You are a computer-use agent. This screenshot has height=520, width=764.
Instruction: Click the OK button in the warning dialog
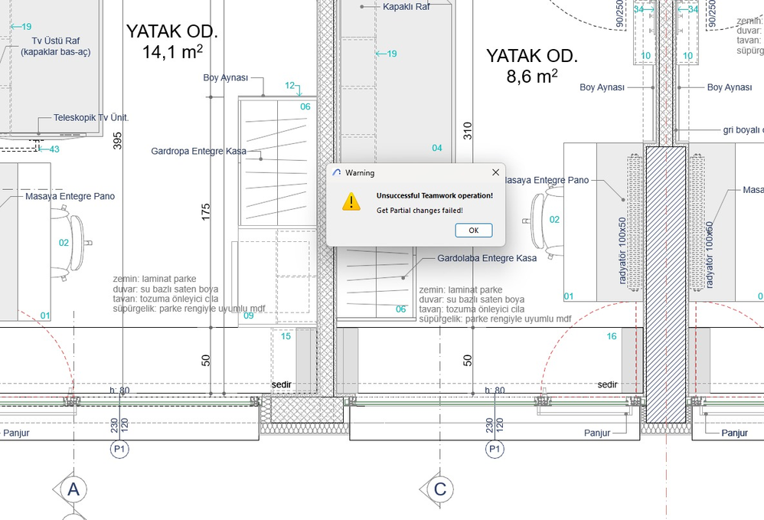[x=473, y=230]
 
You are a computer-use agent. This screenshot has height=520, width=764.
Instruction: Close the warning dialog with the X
[x=495, y=172]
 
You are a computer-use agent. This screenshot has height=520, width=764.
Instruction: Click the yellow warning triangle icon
[x=351, y=201]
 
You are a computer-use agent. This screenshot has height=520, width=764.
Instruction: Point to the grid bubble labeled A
[x=73, y=489]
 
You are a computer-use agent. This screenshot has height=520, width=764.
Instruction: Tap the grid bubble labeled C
[x=440, y=489]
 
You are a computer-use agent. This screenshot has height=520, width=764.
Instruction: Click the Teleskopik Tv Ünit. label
[x=91, y=118]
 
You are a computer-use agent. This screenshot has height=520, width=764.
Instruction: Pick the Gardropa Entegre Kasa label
[x=199, y=152]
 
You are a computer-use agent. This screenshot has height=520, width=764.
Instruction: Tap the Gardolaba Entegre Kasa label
[x=487, y=258]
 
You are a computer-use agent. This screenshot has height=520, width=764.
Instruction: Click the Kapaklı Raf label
[x=406, y=6]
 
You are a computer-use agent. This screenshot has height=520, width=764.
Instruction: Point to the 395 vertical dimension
[x=117, y=140]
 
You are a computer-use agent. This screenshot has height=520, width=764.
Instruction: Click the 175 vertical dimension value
[x=206, y=212]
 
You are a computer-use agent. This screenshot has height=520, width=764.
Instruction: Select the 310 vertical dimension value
[x=469, y=131]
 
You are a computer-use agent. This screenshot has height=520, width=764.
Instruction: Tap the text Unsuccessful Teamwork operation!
[x=435, y=195]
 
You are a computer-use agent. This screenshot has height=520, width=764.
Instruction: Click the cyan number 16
[x=612, y=336]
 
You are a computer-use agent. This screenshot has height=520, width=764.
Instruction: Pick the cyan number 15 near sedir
[x=286, y=336]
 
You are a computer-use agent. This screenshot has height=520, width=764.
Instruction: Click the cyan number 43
[x=54, y=149]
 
